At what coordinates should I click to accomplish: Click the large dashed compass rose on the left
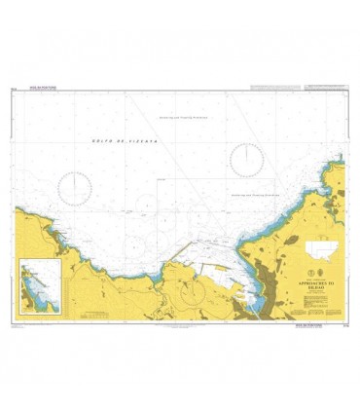pyautogui.click(x=75, y=188)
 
